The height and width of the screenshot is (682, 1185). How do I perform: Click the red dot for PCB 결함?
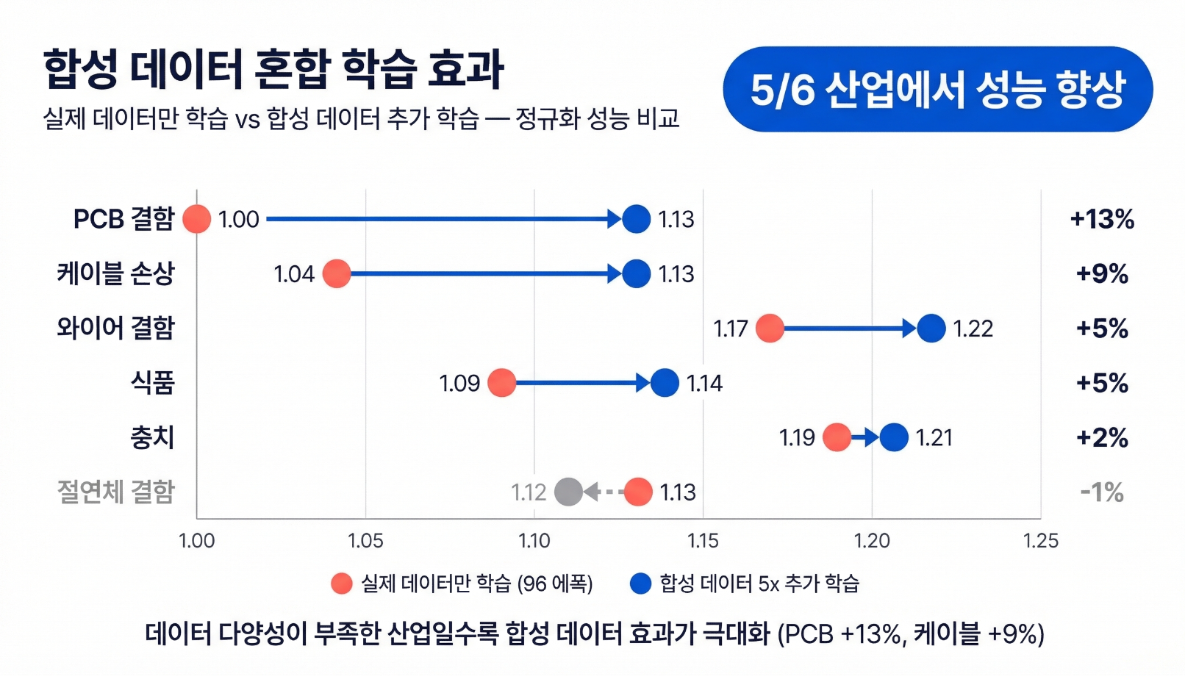(x=196, y=219)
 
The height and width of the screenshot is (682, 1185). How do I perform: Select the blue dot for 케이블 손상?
(x=636, y=273)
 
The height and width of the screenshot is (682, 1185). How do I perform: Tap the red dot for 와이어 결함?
(x=770, y=328)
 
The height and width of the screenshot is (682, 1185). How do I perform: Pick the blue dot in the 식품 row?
(x=665, y=383)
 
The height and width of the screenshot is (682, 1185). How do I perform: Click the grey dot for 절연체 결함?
(x=568, y=492)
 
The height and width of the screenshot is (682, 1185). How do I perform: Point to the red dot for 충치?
(x=837, y=437)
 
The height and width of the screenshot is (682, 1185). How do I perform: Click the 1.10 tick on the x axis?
(x=534, y=541)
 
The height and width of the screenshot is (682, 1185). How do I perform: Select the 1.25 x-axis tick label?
(x=1040, y=541)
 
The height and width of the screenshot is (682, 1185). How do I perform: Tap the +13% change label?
(x=1102, y=219)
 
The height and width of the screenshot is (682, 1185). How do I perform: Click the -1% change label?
(x=1102, y=492)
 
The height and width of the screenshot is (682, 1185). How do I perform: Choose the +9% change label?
(x=1102, y=273)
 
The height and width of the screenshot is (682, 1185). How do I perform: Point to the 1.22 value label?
(x=973, y=329)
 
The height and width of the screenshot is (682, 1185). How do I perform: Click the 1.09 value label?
(x=459, y=383)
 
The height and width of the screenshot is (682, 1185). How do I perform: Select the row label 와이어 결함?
(x=116, y=328)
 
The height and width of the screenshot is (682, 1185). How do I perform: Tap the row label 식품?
(x=153, y=383)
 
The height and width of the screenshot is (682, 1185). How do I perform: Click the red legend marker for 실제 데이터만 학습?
(x=342, y=584)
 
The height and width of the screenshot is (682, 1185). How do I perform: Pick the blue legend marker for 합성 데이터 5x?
(x=641, y=584)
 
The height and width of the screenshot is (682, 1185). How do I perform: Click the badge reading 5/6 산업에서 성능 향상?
(x=937, y=90)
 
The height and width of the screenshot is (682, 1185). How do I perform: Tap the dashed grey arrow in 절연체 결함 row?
(x=604, y=492)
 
